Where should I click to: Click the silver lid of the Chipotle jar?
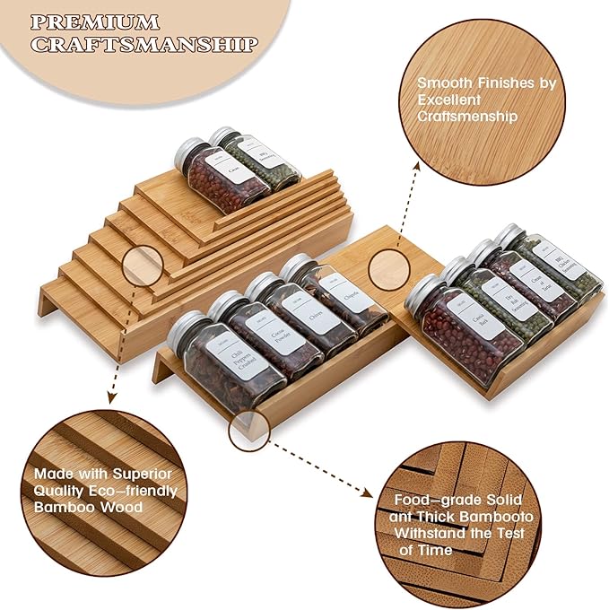pyautogui.click(x=297, y=266)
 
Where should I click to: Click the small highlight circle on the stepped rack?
pyautogui.click(x=143, y=267)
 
